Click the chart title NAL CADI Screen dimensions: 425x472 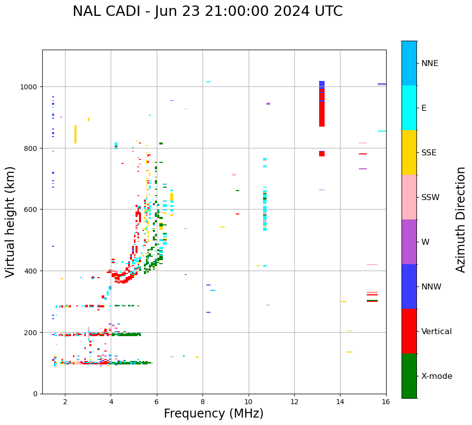click(207, 11)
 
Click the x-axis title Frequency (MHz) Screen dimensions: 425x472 click(213, 414)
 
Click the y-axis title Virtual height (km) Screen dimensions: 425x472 click(10, 221)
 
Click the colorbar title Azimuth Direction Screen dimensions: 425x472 click(461, 219)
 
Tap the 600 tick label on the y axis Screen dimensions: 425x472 click(31, 210)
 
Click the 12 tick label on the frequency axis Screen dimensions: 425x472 click(294, 402)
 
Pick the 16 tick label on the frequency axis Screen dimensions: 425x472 click(386, 402)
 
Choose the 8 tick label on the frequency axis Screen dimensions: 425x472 click(202, 402)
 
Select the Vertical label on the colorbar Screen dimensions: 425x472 click(436, 332)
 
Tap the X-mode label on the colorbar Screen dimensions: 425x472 click(437, 376)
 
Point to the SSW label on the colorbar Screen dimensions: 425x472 click(430, 198)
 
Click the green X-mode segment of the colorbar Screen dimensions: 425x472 click(409, 376)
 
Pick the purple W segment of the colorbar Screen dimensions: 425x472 click(409, 242)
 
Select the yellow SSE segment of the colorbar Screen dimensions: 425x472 click(409, 152)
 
